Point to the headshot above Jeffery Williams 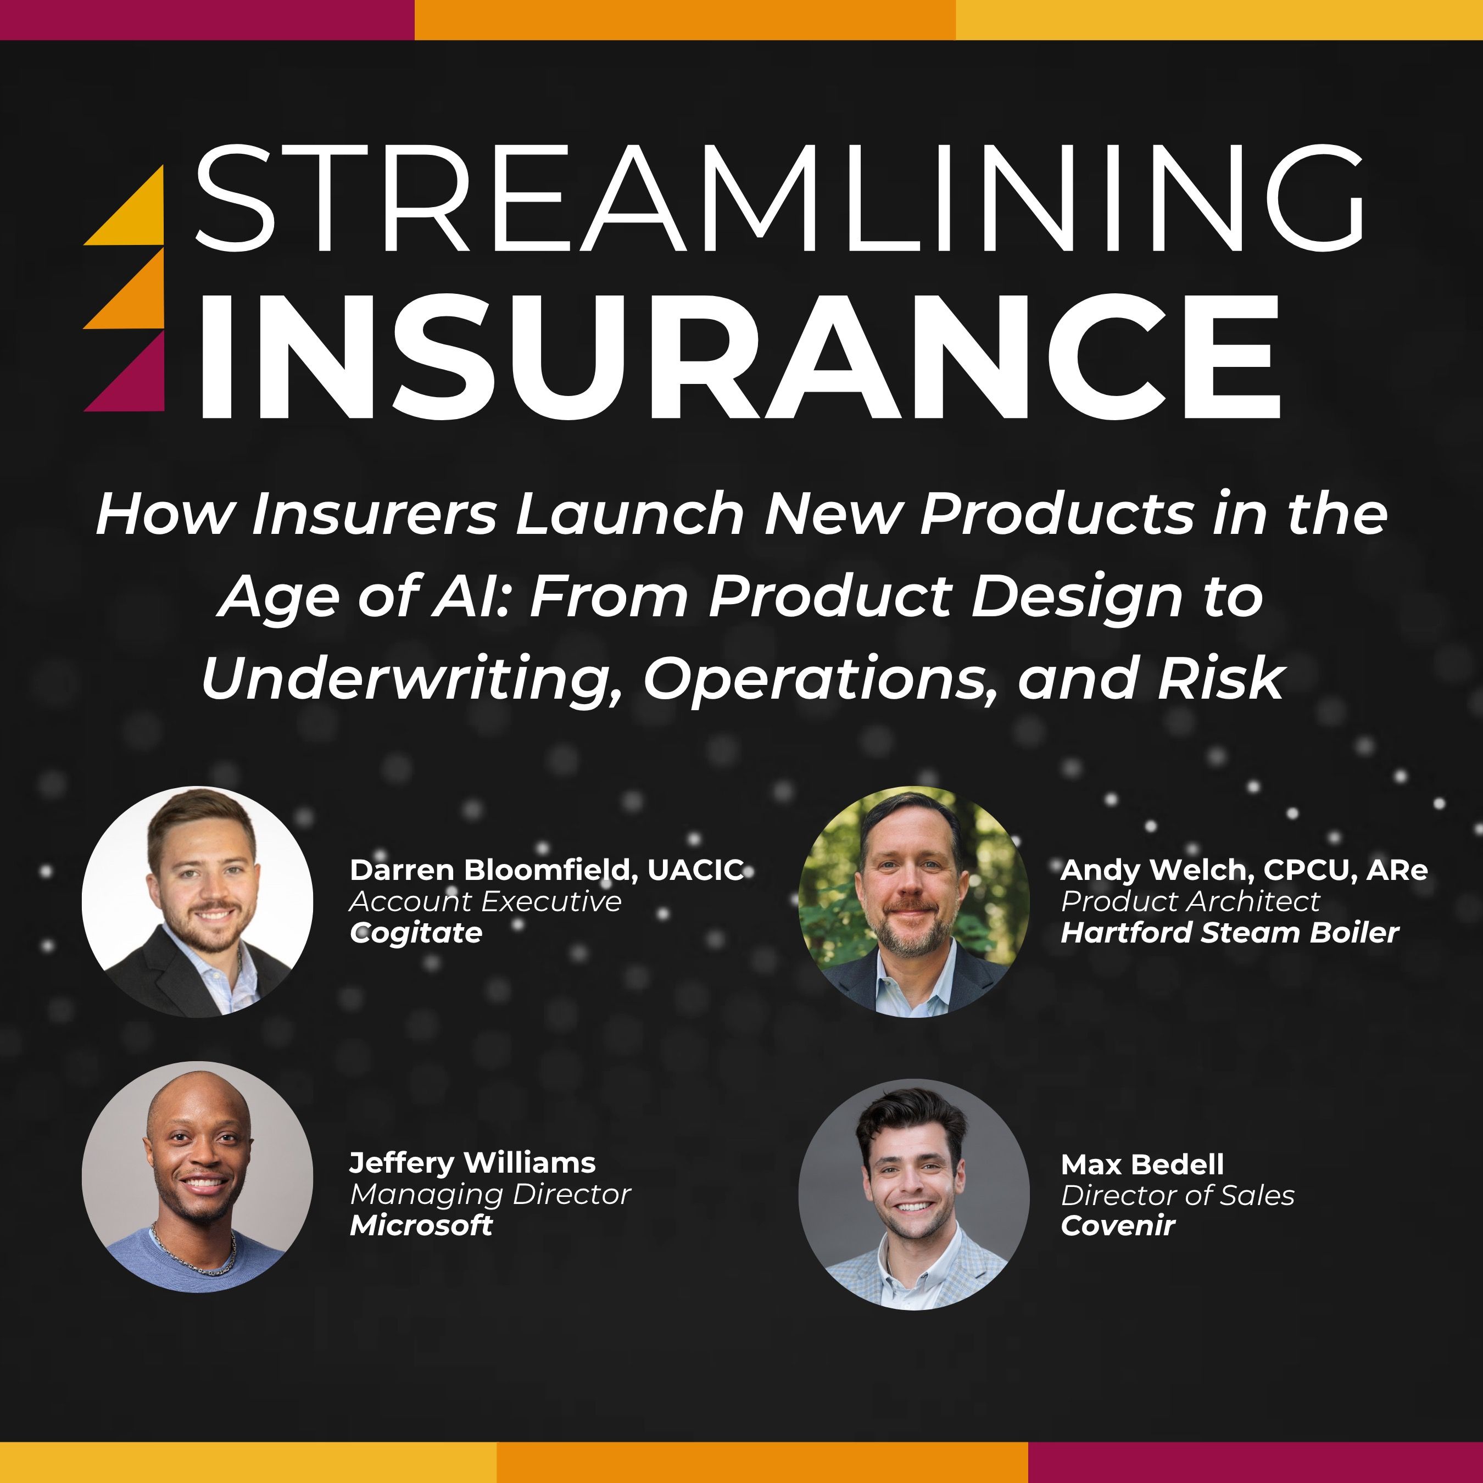coord(197,902)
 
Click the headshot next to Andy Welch coord(913,902)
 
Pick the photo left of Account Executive coord(197,902)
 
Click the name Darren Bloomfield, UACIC coord(547,871)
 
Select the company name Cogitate coord(416,933)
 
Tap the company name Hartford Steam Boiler coord(1230,933)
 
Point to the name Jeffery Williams coord(472,1163)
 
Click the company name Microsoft coord(421,1225)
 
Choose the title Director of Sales coord(1178,1195)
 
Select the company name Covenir coord(1118,1226)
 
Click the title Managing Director coord(490,1195)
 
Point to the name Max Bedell coord(1142,1164)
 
